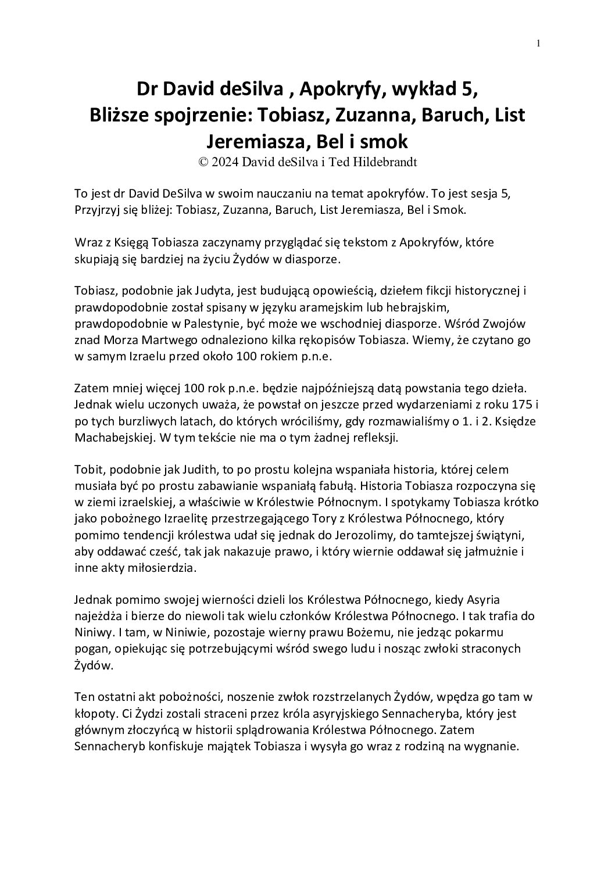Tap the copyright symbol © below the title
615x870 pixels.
pos(203,162)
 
